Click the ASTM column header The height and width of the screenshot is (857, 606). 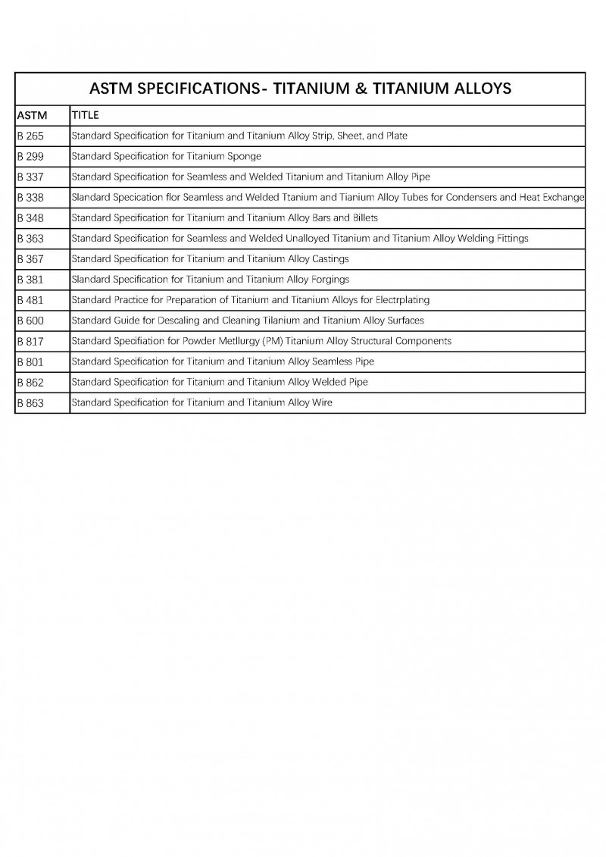pyautogui.click(x=32, y=116)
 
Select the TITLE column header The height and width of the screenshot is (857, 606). pyautogui.click(x=85, y=116)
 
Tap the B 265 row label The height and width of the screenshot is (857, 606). pyautogui.click(x=31, y=136)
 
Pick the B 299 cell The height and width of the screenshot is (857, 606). pyautogui.click(x=31, y=157)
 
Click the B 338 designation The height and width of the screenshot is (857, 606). pyautogui.click(x=31, y=198)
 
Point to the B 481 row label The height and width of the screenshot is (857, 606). pyautogui.click(x=31, y=300)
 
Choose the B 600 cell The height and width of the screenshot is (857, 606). pyautogui.click(x=31, y=321)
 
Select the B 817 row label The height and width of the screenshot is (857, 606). pyautogui.click(x=31, y=341)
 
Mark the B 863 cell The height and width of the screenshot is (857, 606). pyautogui.click(x=31, y=403)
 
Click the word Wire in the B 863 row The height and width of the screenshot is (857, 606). pyautogui.click(x=322, y=402)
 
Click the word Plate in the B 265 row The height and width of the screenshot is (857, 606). pyautogui.click(x=396, y=136)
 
